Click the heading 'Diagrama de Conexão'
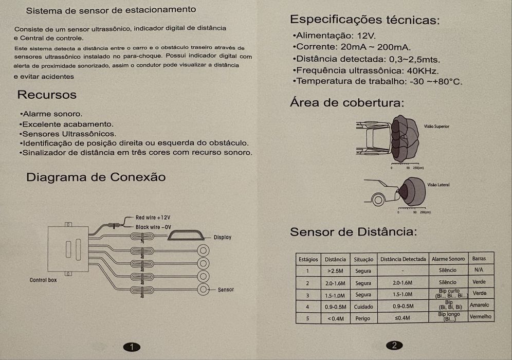coord(96,177)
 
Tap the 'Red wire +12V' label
coord(153,218)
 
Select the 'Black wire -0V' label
coord(153,227)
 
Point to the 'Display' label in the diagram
coord(223,237)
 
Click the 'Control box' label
coord(43,280)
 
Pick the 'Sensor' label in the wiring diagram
coord(226,290)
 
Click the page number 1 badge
coord(132,347)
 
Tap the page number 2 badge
coord(394,346)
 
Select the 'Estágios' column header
coord(308,259)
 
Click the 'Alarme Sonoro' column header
coord(448,259)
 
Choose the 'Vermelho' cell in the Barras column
coord(481,317)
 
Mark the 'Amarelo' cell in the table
coord(480,305)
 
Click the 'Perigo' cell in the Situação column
coord(363,318)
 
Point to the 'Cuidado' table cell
coord(363,307)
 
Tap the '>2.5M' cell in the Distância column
coord(335,271)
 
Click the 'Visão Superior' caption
coord(436,126)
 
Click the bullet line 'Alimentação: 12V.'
coord(334,36)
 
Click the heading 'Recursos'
coord(47,95)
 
